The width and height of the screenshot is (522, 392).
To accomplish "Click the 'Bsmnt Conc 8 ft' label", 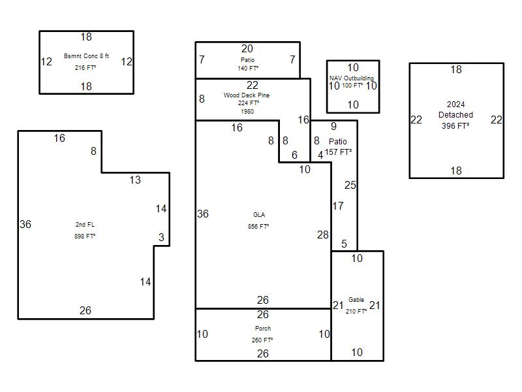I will pos(86,56).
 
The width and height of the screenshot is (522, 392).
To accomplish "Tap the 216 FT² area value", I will pos(85,67).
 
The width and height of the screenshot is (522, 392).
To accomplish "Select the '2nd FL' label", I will pos(85,225).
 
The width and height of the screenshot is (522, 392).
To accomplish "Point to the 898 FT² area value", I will pos(85,236).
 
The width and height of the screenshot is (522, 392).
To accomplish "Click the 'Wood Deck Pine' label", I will pos(246,95).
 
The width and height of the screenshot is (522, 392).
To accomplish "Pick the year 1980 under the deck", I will pos(247,112).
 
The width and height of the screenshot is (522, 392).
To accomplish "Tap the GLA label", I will pos(259,215).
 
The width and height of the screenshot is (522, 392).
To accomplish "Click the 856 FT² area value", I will pos(258,227).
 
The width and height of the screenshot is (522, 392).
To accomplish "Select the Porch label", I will pos(263,329).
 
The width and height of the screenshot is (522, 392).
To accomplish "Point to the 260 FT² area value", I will pos(262,340).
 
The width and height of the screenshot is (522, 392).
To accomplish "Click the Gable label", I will pos(356,300).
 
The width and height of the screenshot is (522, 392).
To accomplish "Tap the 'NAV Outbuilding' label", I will pos(352,78).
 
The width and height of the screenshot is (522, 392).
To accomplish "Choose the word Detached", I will pos(455,115).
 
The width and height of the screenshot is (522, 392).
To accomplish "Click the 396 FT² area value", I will pos(455,126).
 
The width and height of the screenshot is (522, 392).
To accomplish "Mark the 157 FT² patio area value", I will pos(339,152).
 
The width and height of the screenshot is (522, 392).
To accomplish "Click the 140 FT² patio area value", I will pos(248,68).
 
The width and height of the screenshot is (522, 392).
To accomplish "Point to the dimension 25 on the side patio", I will pos(350,186).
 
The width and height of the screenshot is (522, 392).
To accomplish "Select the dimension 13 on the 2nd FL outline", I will pos(134,180).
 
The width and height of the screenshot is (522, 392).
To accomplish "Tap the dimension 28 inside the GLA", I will pos(323,235).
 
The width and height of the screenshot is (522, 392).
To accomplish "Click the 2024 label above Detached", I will pos(455,105).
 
